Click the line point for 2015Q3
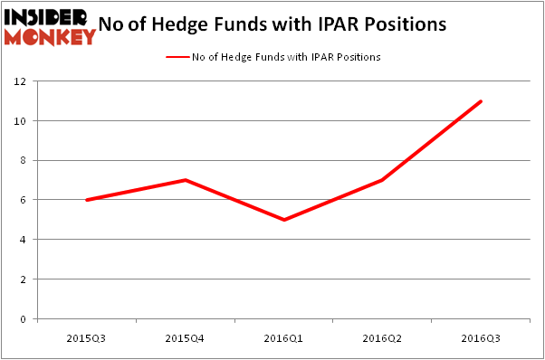click(87, 200)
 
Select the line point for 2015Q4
click(186, 180)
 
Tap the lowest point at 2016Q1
click(284, 220)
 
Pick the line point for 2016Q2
click(383, 180)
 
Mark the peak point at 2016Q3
click(481, 101)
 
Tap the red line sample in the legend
click(177, 56)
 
